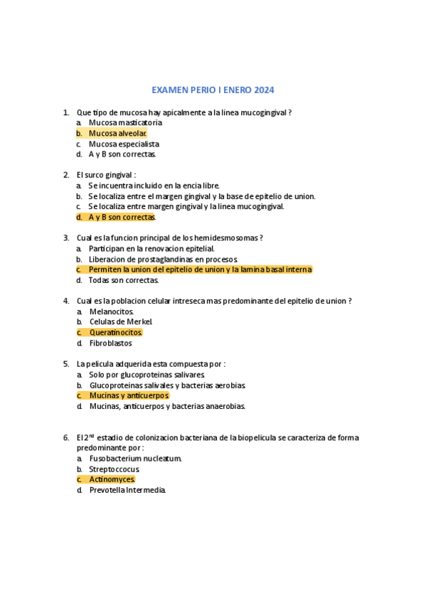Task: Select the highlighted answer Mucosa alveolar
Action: [x=117, y=133]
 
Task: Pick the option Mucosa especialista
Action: [x=124, y=144]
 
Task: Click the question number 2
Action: [x=65, y=175]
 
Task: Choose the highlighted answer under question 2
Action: [x=121, y=217]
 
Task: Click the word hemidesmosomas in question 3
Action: [x=230, y=238]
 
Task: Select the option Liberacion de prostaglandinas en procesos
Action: [x=163, y=259]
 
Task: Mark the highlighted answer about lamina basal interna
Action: [x=200, y=270]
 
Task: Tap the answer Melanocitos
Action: [x=112, y=311]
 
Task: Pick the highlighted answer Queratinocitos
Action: [x=116, y=332]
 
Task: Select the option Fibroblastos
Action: [x=110, y=343]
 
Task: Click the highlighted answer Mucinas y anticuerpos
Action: [x=129, y=395]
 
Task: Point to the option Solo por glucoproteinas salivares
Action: [x=147, y=374]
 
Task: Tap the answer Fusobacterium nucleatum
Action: [x=135, y=459]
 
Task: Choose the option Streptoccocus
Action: [x=114, y=469]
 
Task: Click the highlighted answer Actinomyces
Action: [x=112, y=479]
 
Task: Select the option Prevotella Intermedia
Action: [x=127, y=490]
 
